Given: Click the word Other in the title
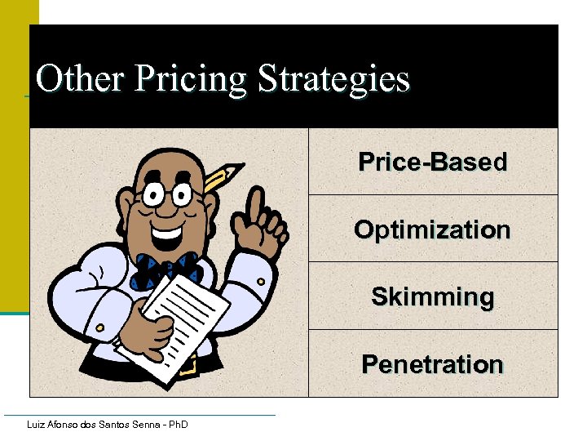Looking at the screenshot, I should (80, 80).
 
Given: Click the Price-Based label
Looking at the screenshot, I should (432, 162).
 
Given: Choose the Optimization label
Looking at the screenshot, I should (432, 229).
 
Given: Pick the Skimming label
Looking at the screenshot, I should (432, 296).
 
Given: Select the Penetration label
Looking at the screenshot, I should (432, 363).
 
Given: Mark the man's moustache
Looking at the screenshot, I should (167, 222).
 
